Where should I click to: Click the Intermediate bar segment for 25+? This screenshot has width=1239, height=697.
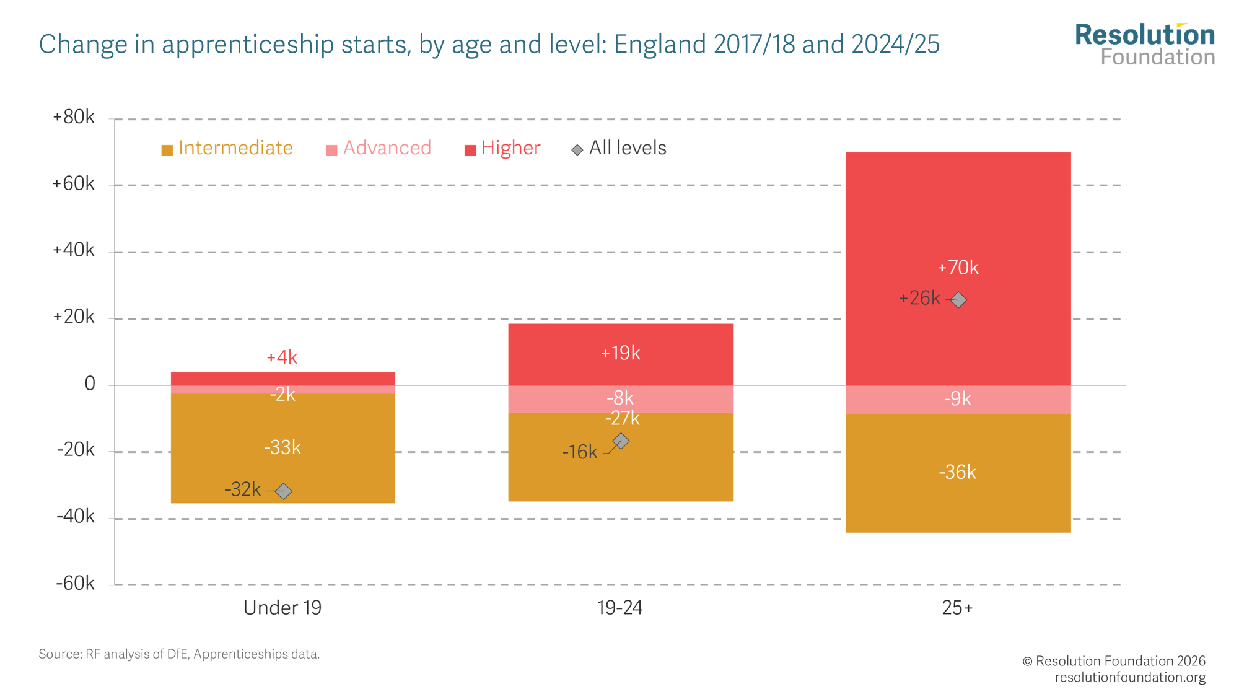point(958,496)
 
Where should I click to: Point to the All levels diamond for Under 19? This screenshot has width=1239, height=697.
point(283,491)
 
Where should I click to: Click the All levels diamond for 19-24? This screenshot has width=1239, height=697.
point(621,441)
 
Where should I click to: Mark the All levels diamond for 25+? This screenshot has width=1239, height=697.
point(958,300)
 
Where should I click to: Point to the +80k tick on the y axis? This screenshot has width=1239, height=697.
point(74,117)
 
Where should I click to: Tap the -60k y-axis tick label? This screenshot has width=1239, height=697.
point(75,584)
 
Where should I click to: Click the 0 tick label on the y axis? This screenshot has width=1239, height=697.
point(90,384)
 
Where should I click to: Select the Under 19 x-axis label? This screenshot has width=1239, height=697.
point(282,608)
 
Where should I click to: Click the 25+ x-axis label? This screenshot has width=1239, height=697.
point(957,608)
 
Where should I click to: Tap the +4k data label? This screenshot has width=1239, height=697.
point(282,357)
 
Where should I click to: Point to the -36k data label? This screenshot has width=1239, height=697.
point(957,473)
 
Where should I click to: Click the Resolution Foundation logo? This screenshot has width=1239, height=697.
point(1145,45)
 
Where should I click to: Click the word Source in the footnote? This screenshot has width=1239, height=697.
point(59,654)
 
